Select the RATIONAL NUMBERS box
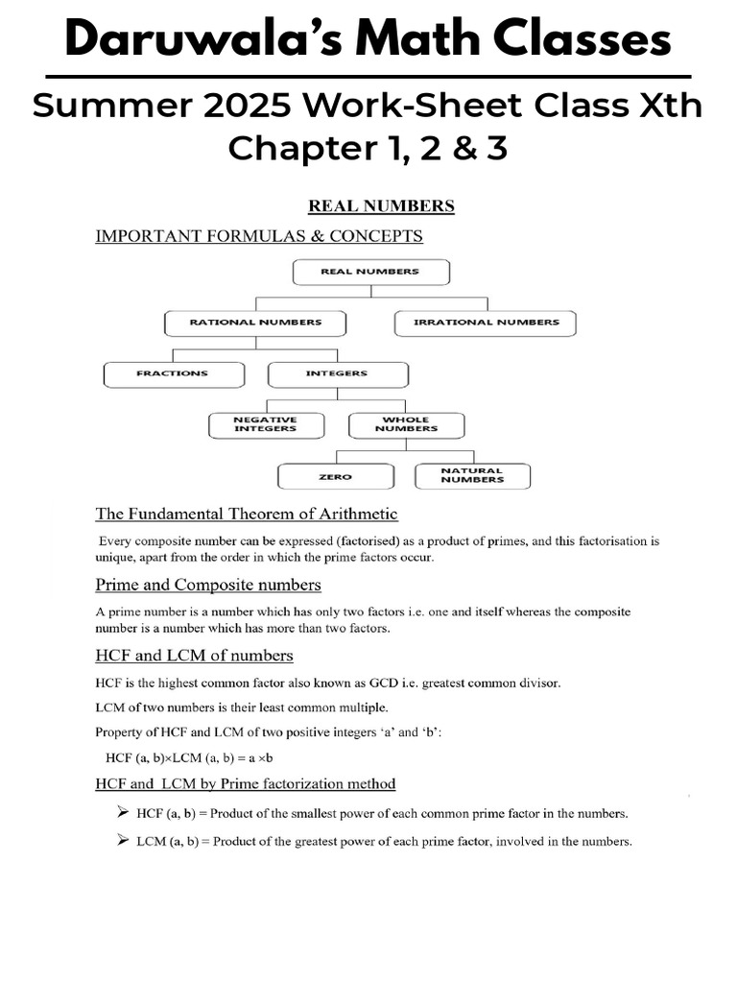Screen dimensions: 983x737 (255, 323)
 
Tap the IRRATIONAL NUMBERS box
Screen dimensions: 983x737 (486, 323)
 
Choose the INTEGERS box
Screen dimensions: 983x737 (337, 373)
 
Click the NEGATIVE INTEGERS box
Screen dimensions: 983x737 (266, 424)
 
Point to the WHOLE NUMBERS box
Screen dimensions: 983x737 (406, 424)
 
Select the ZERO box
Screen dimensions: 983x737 (335, 476)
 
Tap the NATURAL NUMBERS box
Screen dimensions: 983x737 (472, 476)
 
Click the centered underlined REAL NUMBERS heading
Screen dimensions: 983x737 (380, 205)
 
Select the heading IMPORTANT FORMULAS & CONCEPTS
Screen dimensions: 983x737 (258, 235)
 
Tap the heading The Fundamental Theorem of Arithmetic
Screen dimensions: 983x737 (247, 514)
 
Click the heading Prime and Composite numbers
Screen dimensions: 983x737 (208, 584)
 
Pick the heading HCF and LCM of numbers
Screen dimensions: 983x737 (194, 655)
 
